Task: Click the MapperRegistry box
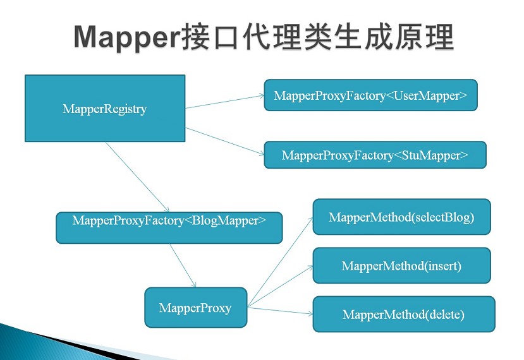point(105,109)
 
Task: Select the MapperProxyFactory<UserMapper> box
point(370,95)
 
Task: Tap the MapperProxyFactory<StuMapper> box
point(375,155)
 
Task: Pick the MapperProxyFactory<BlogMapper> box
point(169,227)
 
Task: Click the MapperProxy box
point(195,308)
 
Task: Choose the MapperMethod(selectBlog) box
point(401,217)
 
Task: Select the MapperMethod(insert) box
point(401,265)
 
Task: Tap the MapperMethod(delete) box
point(403,314)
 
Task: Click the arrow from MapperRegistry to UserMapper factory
point(224,102)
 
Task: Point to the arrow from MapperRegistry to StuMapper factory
point(224,141)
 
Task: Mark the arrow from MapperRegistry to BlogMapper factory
point(137,177)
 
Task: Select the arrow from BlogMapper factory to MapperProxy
point(183,265)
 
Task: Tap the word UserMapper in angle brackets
point(430,95)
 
